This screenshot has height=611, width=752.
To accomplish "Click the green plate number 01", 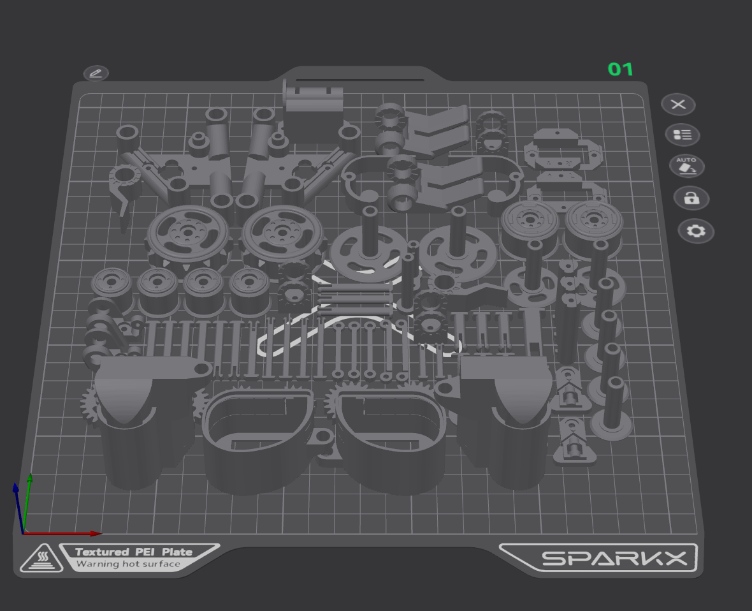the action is [621, 70].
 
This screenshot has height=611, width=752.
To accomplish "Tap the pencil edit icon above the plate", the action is [96, 73].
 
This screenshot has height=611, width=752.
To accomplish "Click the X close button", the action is [678, 104].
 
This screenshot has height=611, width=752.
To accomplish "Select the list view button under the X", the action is [683, 135].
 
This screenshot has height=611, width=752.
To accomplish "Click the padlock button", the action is [691, 198].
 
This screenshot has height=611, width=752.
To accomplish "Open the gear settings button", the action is [696, 232].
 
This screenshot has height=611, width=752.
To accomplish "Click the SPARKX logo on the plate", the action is [614, 558].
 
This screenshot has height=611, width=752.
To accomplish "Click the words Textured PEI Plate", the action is [134, 552].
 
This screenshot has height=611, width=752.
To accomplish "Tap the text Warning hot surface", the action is [128, 564].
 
